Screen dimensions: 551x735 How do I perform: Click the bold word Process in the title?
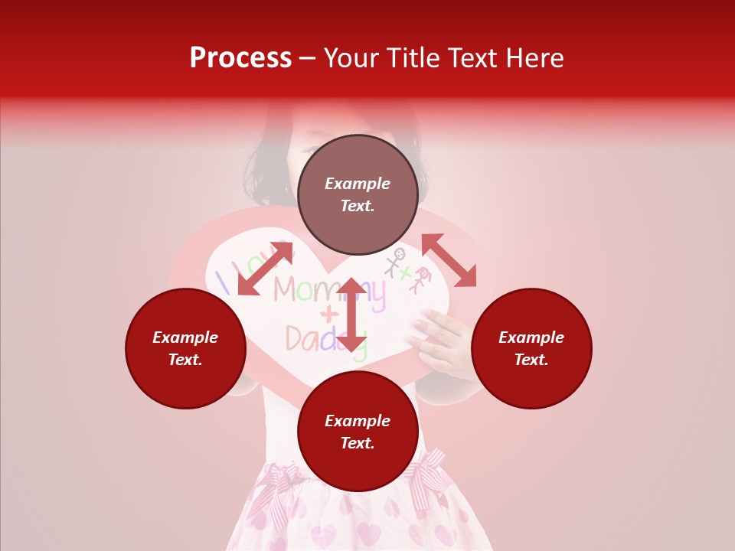coord(240,58)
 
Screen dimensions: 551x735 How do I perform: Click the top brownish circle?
coord(358,195)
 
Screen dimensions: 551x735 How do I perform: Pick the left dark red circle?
coord(185,349)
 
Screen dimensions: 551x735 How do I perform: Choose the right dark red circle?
coord(531,349)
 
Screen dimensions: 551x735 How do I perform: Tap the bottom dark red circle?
coord(358,432)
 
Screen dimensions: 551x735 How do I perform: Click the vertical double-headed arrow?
coord(351,315)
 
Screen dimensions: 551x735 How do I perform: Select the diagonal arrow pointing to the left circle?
coord(265,268)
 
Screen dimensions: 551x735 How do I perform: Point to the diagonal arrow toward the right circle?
coord(449,260)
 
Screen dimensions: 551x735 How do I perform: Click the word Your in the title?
coord(352,58)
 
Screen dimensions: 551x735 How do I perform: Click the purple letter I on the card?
coord(223,282)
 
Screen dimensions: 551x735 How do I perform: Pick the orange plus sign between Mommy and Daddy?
coord(328,314)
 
